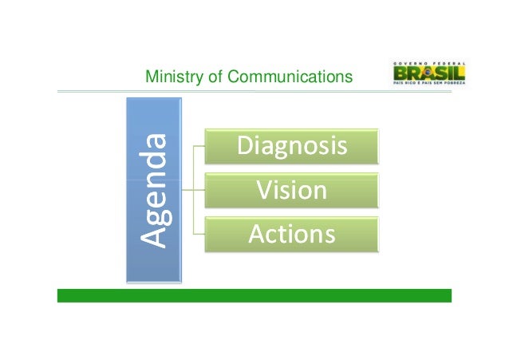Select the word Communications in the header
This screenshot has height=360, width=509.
[290, 77]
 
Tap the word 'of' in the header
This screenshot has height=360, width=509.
[211, 77]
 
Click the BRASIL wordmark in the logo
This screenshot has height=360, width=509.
[428, 74]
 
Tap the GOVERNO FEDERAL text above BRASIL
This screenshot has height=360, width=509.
[428, 61]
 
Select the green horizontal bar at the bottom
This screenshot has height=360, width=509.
[254, 295]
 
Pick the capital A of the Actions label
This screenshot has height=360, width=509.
[258, 235]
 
